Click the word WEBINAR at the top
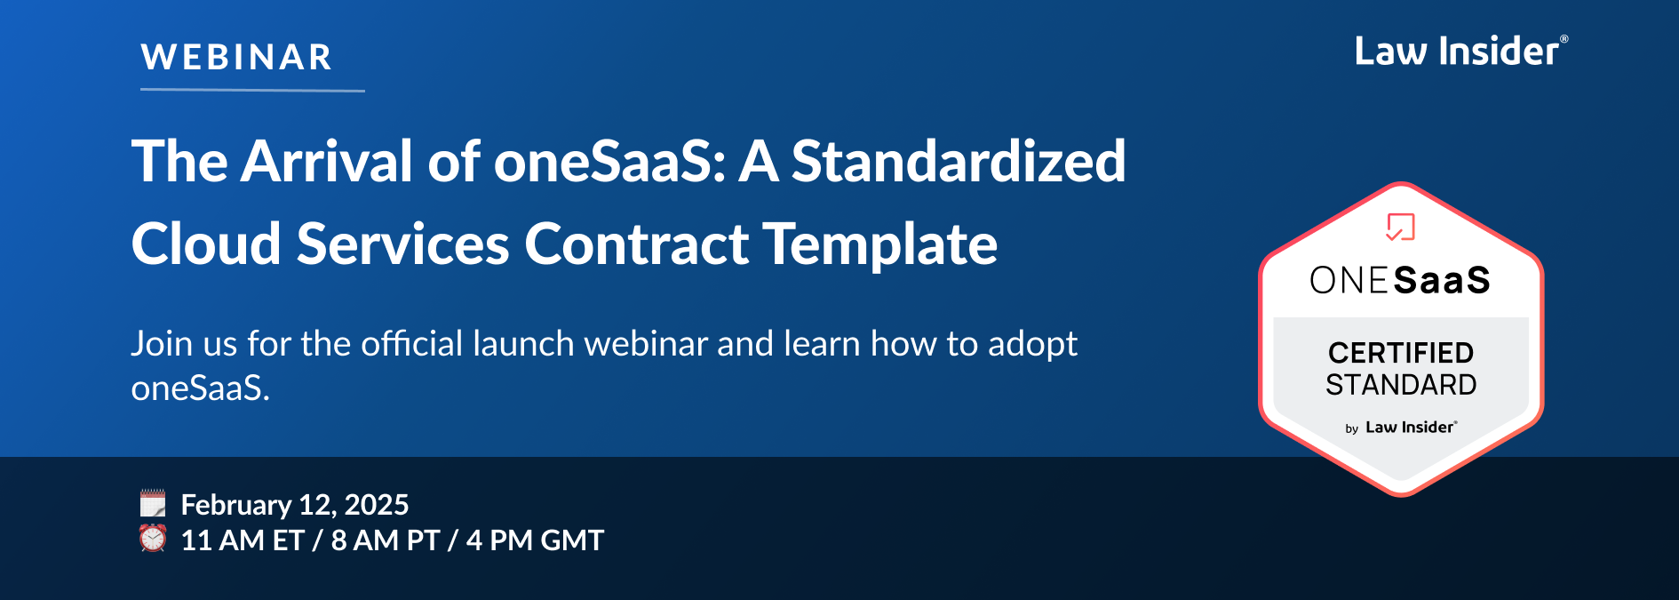click(236, 58)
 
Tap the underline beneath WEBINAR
click(252, 90)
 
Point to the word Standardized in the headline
click(958, 162)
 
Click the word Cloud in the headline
click(206, 244)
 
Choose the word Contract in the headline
click(636, 244)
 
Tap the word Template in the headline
click(879, 244)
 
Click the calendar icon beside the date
click(153, 503)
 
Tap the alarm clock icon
click(153, 538)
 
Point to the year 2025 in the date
click(376, 505)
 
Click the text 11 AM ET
click(242, 540)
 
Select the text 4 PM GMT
click(535, 540)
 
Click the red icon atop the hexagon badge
click(1400, 227)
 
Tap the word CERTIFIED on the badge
click(1401, 353)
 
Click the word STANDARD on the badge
click(1401, 385)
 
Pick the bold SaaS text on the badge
click(1442, 281)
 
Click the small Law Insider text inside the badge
click(1410, 428)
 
